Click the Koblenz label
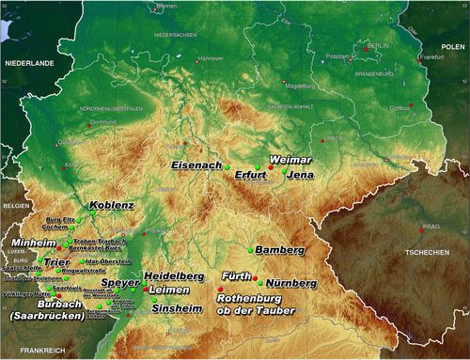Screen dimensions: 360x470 [x=112, y=205]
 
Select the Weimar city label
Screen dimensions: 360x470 [x=290, y=160]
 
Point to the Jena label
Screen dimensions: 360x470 [x=301, y=175]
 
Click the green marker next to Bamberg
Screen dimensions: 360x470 [x=252, y=250]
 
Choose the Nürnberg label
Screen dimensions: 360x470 [x=290, y=282]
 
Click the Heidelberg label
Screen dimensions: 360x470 [x=174, y=276]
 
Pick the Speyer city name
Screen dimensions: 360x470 [x=119, y=282]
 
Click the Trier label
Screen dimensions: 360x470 [x=56, y=262]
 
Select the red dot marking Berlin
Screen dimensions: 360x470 [x=368, y=48]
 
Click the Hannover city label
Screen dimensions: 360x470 [x=211, y=58]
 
